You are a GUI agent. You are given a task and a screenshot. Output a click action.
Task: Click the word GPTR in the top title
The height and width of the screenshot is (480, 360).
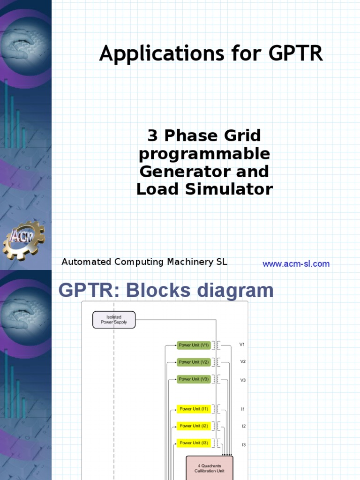pos(296,54)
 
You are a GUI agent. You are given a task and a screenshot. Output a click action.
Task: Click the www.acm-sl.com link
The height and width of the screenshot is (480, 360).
pos(296,264)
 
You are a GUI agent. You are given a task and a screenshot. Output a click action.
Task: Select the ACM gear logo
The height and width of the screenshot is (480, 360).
pos(23,240)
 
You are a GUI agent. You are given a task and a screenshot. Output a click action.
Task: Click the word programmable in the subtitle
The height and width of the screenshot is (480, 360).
pos(204,154)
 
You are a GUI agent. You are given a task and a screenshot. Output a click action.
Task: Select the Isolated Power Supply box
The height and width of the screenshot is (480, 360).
pos(114,320)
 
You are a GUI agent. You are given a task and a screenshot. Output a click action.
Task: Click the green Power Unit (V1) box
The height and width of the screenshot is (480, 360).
pos(194,345)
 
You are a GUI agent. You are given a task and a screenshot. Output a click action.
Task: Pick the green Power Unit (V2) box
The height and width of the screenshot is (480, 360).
pos(194,362)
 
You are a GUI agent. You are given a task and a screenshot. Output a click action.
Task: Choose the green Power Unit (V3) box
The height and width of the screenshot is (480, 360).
pos(194,379)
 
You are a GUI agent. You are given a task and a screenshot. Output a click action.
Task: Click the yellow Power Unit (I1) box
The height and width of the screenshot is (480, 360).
pos(194,409)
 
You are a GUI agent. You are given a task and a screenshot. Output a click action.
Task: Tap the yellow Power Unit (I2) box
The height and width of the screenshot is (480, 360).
pos(194,426)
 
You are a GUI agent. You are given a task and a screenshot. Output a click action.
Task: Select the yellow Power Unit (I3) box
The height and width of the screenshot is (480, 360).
pos(194,443)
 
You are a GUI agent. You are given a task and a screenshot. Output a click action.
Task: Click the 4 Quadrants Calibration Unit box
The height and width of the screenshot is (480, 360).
pos(210,468)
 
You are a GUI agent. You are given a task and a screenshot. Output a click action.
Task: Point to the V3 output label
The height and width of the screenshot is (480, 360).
pos(243,380)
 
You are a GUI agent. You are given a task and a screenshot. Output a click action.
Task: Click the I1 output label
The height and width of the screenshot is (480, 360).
pos(243,409)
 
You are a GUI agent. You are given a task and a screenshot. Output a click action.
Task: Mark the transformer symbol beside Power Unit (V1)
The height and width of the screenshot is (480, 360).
pos(217,345)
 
